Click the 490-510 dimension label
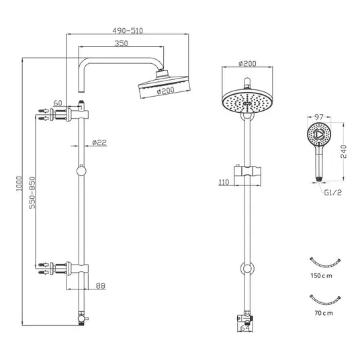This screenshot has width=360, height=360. [128, 31]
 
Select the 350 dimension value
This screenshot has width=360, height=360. [121, 43]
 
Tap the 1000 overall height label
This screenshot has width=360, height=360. [19, 183]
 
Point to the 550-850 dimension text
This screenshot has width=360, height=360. [33, 193]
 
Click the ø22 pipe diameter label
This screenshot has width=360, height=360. [99, 142]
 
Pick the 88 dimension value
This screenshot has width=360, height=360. [101, 286]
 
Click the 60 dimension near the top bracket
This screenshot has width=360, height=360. [58, 103]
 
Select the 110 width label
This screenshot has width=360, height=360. [224, 182]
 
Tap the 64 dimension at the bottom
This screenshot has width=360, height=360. [245, 328]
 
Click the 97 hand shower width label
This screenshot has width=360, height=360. [319, 117]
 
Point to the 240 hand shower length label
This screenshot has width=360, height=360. [344, 152]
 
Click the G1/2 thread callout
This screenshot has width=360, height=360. [333, 192]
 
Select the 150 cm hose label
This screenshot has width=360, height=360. [322, 275]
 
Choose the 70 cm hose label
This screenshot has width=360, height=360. [324, 313]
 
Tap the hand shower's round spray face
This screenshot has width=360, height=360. [319, 134]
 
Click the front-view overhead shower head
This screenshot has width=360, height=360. [247, 101]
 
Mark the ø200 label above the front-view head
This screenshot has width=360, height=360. [247, 63]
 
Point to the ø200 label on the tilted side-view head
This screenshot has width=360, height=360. [165, 91]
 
